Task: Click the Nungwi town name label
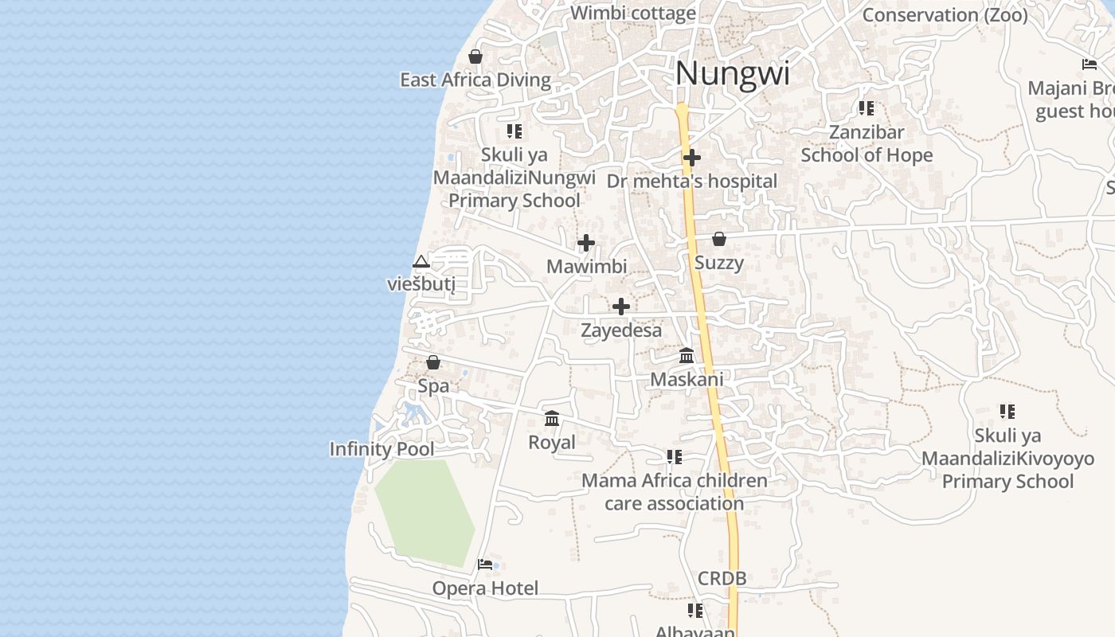click(x=732, y=74)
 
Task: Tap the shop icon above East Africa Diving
click(x=475, y=57)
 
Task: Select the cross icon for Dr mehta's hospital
click(x=692, y=158)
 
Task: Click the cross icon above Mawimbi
click(x=586, y=243)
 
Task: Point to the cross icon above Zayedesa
click(x=621, y=307)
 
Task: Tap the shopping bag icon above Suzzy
click(x=719, y=239)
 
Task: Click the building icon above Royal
click(x=552, y=418)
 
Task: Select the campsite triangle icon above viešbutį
click(x=421, y=261)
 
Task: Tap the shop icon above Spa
click(x=433, y=362)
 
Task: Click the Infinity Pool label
click(x=382, y=449)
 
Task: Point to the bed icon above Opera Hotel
click(x=485, y=565)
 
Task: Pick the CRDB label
click(x=722, y=578)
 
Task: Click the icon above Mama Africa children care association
click(x=675, y=457)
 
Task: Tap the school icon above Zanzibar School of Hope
click(x=867, y=108)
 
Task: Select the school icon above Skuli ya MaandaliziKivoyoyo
click(x=1007, y=412)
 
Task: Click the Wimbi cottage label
click(x=633, y=13)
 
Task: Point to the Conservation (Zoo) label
click(x=945, y=14)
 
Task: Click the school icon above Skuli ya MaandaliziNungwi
click(x=514, y=131)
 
